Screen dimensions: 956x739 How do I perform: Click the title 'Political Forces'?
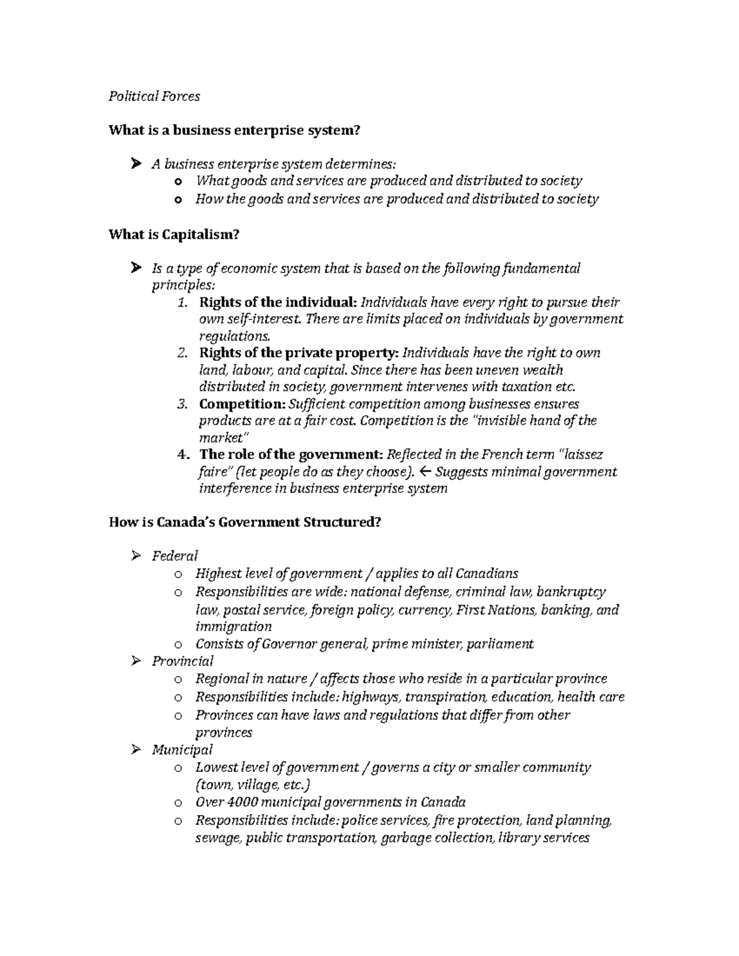click(154, 96)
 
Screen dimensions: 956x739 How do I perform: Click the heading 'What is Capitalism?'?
click(173, 235)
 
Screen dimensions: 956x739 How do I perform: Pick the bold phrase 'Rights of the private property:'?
click(299, 353)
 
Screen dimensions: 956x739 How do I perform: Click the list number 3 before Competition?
click(182, 404)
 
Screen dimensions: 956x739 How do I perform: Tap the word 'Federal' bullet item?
click(175, 556)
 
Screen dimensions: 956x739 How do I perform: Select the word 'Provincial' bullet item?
click(182, 661)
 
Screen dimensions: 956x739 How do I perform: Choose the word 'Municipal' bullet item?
click(182, 750)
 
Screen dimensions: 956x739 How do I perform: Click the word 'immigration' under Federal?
click(233, 627)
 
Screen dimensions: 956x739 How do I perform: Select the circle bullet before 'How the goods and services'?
click(178, 199)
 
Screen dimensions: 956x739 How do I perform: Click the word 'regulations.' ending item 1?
click(235, 336)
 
